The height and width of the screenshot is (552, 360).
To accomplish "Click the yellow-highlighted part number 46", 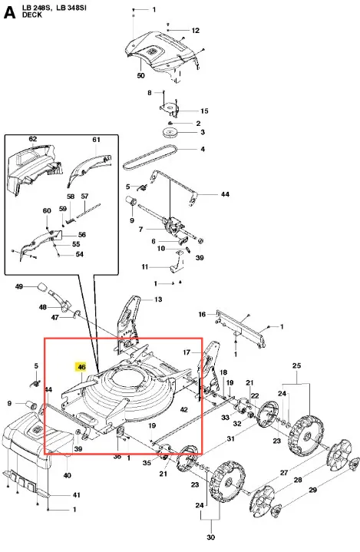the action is pyautogui.click(x=81, y=367).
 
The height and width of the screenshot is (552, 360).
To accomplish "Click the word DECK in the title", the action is pyautogui.click(x=32, y=15).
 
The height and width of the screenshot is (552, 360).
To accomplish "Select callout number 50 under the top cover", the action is pyautogui.click(x=140, y=75).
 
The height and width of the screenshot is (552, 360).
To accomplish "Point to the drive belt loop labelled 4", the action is pyautogui.click(x=150, y=157).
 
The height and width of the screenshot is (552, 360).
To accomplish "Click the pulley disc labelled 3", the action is pyautogui.click(x=170, y=133).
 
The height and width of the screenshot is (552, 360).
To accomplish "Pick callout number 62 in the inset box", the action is pyautogui.click(x=33, y=139).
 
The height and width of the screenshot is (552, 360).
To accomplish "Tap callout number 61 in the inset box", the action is pyautogui.click(x=97, y=140).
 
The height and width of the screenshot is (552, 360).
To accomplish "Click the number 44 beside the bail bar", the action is pyautogui.click(x=225, y=194).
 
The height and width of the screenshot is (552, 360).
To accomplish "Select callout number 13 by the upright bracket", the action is pyautogui.click(x=158, y=299).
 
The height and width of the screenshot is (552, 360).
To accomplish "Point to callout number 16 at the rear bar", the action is pyautogui.click(x=202, y=314).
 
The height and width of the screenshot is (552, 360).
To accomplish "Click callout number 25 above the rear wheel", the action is pyautogui.click(x=296, y=365).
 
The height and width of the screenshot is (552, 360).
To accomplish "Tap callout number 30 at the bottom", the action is pyautogui.click(x=210, y=537).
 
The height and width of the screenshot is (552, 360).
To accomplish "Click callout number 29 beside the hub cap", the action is pyautogui.click(x=313, y=490).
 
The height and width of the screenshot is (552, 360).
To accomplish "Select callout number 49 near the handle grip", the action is pyautogui.click(x=19, y=286).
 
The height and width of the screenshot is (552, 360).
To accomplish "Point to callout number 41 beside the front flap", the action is pyautogui.click(x=76, y=495).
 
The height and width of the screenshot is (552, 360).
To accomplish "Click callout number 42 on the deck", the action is pyautogui.click(x=183, y=409).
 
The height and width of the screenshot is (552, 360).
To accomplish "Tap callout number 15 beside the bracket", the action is pyautogui.click(x=204, y=111).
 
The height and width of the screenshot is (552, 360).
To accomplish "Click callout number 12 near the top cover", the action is pyautogui.click(x=196, y=31).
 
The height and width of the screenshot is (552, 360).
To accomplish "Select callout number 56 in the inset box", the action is pyautogui.click(x=82, y=234).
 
